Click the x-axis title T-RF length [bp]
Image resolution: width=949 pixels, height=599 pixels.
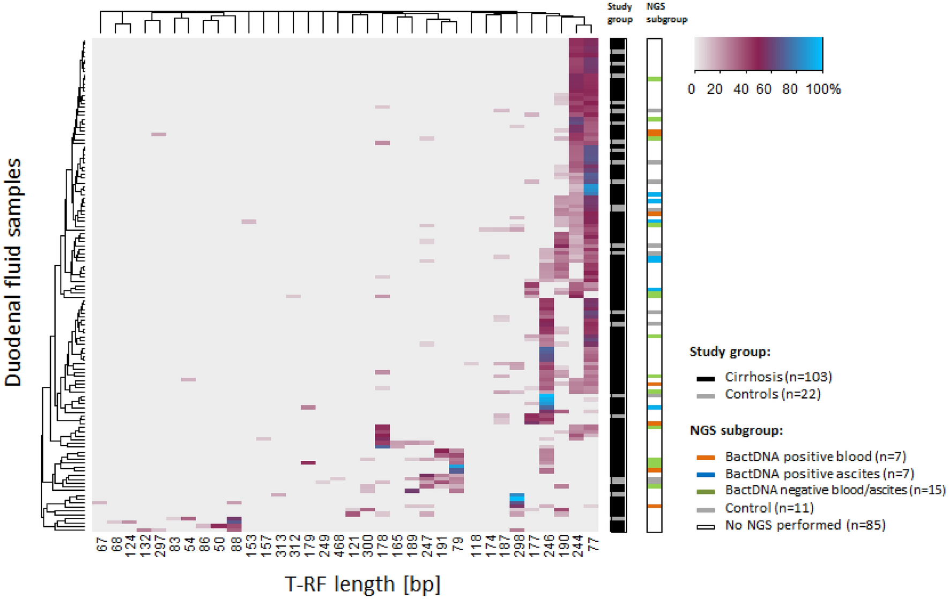pos(362,583)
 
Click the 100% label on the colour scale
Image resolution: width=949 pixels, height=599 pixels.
pos(824,89)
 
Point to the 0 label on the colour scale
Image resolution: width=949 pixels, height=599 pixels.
pos(692,89)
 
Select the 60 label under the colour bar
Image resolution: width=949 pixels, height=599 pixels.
pos(764,89)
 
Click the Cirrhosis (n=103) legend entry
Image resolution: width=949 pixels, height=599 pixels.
pos(765,377)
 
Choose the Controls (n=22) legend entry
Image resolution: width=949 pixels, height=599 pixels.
pos(759,394)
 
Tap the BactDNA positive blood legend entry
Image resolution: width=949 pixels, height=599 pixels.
pos(802,457)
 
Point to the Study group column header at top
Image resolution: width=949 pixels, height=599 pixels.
pos(620,13)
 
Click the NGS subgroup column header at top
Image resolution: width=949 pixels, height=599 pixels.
pos(666,13)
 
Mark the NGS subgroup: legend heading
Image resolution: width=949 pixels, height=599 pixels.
pos(736,431)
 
